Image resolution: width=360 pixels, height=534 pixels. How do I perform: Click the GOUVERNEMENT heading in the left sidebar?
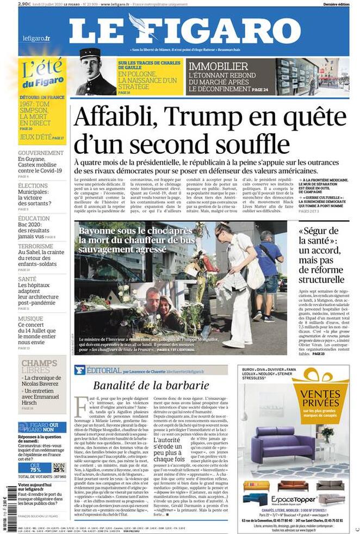click(41, 153)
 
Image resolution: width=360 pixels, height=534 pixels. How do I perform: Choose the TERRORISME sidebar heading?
click(36, 246)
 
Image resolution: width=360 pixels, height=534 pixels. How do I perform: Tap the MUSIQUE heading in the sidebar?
click(30, 319)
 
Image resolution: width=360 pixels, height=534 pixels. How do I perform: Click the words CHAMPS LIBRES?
click(39, 367)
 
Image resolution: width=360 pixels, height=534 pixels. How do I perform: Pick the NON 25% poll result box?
click(59, 467)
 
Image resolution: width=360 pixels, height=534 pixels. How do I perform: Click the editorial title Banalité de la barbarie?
click(151, 386)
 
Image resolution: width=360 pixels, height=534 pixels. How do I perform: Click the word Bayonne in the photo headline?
click(98, 231)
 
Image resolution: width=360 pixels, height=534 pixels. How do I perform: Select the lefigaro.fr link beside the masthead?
click(36, 38)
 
